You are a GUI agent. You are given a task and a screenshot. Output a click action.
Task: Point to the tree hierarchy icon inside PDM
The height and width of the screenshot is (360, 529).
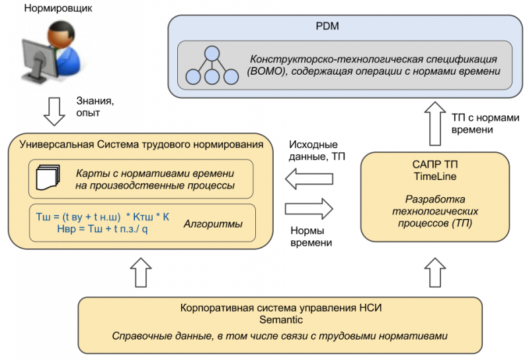click(x=212, y=66)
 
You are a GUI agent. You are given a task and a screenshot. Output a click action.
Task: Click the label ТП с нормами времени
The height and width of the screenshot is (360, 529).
click(x=481, y=123)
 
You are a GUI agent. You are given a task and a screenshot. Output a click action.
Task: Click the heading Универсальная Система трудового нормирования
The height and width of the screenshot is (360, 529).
click(x=142, y=144)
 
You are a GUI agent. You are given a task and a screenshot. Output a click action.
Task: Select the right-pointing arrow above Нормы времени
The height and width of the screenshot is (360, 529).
click(x=309, y=209)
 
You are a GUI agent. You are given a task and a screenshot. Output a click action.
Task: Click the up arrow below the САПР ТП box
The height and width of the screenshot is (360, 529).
click(x=434, y=272)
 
